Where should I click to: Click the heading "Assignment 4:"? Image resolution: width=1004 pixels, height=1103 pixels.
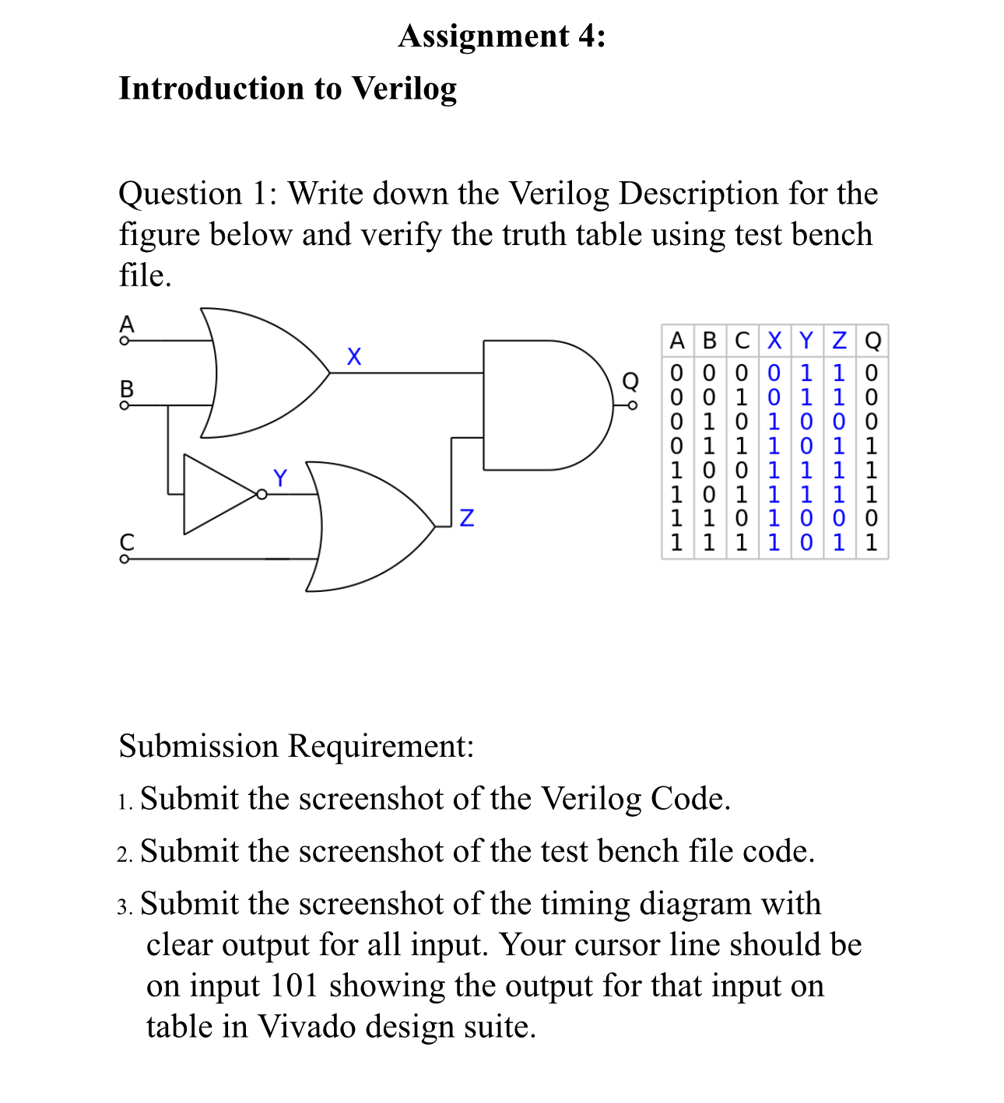tap(502, 37)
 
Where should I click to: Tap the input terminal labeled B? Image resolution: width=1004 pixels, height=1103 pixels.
tap(124, 404)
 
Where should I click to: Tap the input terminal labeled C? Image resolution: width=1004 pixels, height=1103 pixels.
tap(124, 559)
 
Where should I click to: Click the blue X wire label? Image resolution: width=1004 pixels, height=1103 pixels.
tap(354, 357)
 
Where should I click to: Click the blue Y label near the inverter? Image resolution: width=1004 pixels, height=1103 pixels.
tap(280, 477)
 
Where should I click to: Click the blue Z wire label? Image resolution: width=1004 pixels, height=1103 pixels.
tap(467, 517)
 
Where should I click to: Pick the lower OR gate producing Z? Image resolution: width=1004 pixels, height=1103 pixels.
tap(366, 527)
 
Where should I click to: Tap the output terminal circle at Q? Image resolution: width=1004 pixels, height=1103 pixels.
tap(633, 405)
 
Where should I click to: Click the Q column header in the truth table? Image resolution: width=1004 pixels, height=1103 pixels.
tap(873, 341)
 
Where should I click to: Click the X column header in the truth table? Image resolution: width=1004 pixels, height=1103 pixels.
tap(774, 341)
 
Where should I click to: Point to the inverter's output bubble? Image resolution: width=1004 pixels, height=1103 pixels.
tap(262, 495)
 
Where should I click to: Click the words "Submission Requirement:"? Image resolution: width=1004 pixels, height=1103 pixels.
tap(297, 746)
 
